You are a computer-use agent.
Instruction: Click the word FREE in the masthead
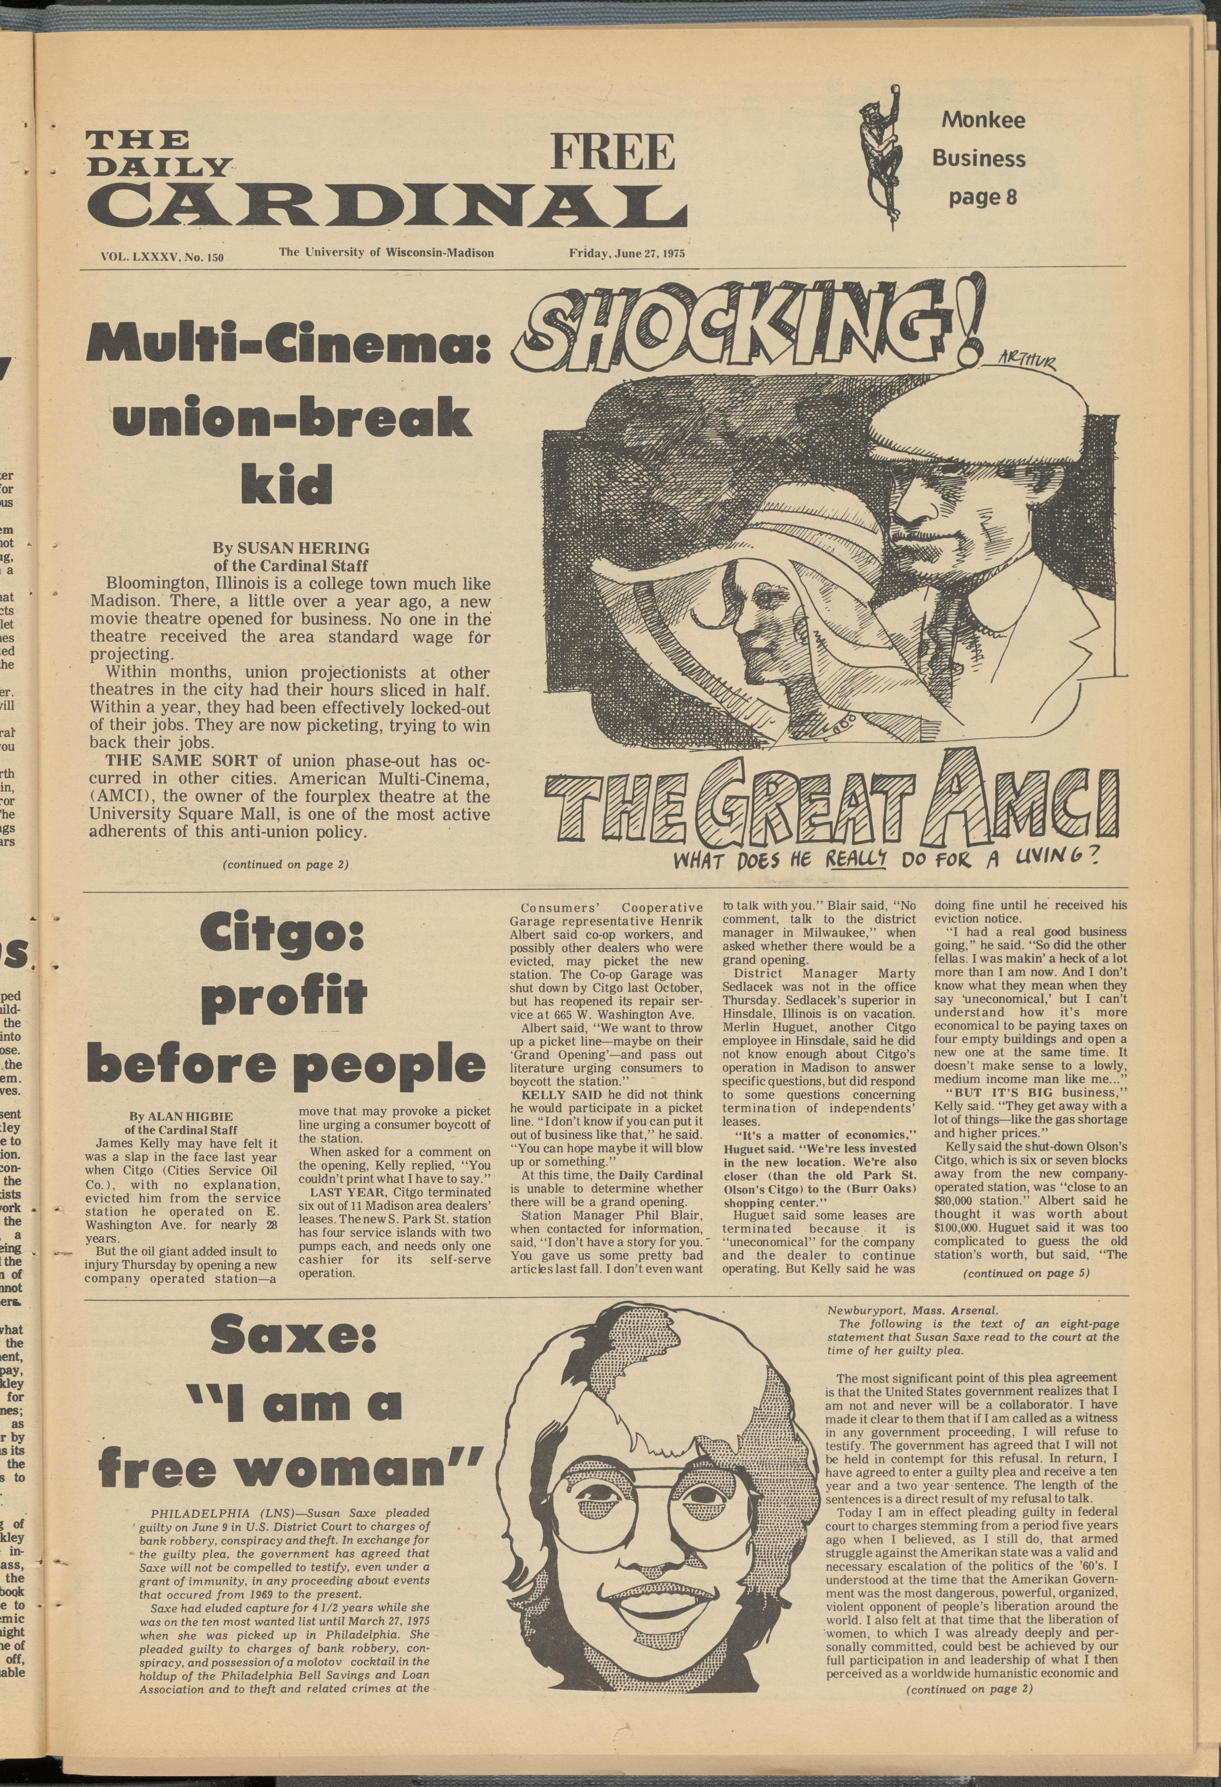pos(613,152)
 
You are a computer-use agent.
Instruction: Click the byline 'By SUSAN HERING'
pos(291,548)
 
